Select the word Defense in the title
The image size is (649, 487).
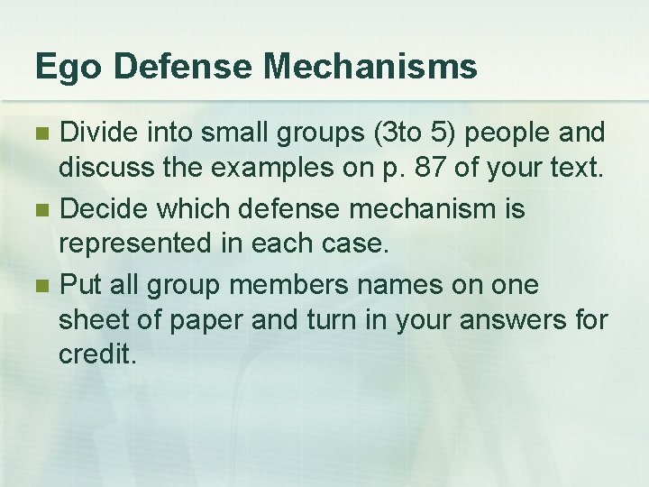click(x=187, y=67)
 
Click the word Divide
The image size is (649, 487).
click(x=97, y=133)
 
